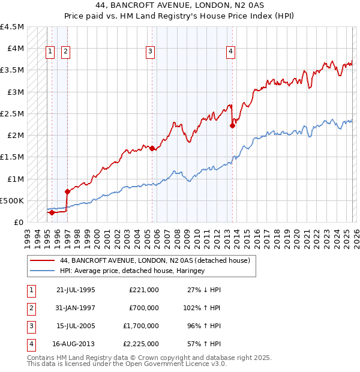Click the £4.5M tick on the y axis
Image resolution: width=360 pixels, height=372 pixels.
point(13,27)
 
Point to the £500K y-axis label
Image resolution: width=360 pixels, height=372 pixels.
point(13,200)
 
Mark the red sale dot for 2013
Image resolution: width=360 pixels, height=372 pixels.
point(232,126)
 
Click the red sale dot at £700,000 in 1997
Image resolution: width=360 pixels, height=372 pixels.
point(67,192)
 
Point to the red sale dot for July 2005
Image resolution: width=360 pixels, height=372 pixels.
point(152,148)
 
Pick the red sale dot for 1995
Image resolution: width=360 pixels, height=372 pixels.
point(52,212)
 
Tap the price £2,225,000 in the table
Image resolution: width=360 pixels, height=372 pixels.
point(144,344)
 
